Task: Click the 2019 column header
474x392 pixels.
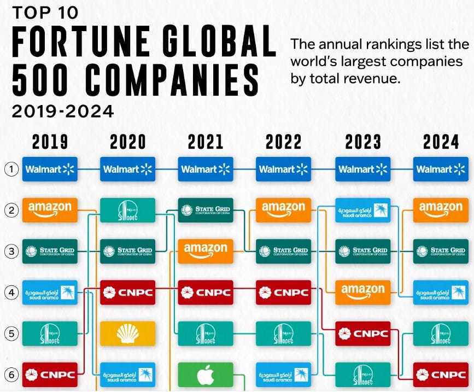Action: point(50,143)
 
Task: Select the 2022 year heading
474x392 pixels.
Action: point(284,143)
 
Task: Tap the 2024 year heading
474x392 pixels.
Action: point(441,143)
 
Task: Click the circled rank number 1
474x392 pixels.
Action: point(11,169)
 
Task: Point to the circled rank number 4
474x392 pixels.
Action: point(11,292)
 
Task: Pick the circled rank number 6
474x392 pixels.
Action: point(11,375)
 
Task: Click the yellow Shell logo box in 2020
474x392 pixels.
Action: point(127,334)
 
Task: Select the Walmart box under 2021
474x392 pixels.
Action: point(206,169)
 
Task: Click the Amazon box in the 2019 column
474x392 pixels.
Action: point(50,210)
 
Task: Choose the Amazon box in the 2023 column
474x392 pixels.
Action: point(362,292)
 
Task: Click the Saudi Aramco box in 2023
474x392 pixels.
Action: point(362,210)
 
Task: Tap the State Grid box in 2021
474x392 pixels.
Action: point(206,210)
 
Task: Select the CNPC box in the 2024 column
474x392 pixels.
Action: point(441,375)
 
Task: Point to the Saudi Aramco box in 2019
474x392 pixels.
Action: point(50,292)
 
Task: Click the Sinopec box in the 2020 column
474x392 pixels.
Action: point(127,210)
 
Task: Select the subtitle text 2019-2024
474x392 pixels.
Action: point(63,112)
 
